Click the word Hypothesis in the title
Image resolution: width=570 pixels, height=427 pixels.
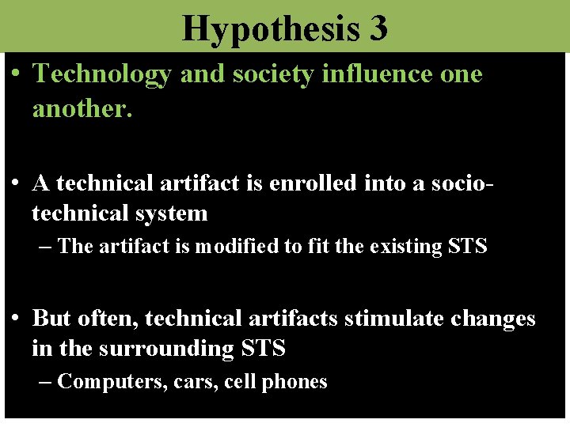[x=268, y=28]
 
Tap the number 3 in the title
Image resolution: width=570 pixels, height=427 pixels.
[x=378, y=28]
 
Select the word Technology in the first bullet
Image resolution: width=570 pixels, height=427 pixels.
[x=102, y=74]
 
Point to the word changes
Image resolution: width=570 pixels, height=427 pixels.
[x=493, y=319]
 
